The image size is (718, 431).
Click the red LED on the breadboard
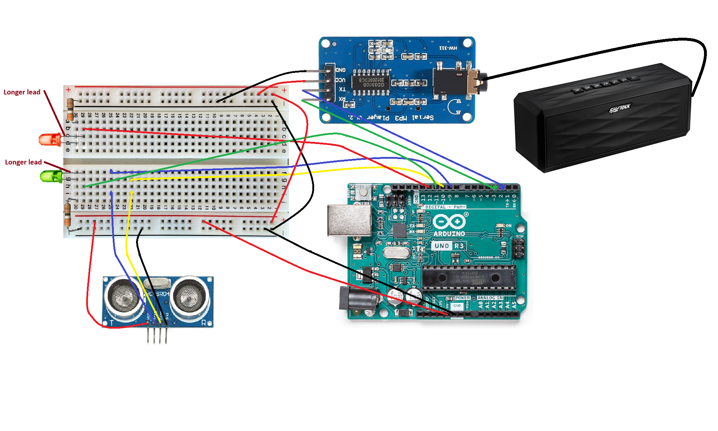50,140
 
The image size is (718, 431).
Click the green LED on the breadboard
51,176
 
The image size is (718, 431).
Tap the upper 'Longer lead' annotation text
22,92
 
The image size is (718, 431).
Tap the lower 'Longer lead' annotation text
23,162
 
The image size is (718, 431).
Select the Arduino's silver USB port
349,220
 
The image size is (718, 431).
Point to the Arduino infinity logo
449,222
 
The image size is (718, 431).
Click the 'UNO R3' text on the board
449,246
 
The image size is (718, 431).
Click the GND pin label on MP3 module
340,70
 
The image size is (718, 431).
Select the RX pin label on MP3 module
342,99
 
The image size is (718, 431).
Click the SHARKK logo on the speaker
620,108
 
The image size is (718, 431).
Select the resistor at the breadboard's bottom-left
67,215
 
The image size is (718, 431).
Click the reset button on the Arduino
364,193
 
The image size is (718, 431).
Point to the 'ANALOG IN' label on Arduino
490,298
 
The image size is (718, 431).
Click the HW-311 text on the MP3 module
448,48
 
